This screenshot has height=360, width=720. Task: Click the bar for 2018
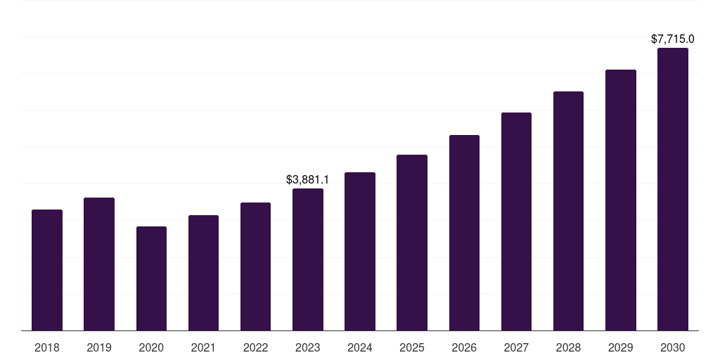(47, 270)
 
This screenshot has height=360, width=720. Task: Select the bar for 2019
(99, 264)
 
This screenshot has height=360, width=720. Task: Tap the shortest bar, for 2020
(151, 278)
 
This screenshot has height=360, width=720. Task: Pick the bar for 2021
(203, 273)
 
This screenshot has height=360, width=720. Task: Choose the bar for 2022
(255, 266)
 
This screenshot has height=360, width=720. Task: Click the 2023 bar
(308, 259)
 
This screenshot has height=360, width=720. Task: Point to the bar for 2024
(360, 251)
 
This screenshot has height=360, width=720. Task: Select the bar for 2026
(464, 233)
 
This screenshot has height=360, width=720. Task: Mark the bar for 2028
(568, 211)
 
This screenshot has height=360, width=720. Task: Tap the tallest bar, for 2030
(673, 189)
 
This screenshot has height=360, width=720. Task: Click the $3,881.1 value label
(308, 180)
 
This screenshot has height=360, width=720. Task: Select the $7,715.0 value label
(673, 39)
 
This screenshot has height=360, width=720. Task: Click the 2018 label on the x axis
(47, 347)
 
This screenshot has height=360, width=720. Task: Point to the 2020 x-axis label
(151, 347)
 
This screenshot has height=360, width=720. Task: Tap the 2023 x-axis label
(308, 347)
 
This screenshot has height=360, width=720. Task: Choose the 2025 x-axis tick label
(412, 347)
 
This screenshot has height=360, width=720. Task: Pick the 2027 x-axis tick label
(516, 347)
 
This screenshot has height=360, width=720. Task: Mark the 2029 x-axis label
(621, 347)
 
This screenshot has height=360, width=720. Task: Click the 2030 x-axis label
(673, 347)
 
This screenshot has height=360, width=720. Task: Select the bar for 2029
(621, 200)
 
